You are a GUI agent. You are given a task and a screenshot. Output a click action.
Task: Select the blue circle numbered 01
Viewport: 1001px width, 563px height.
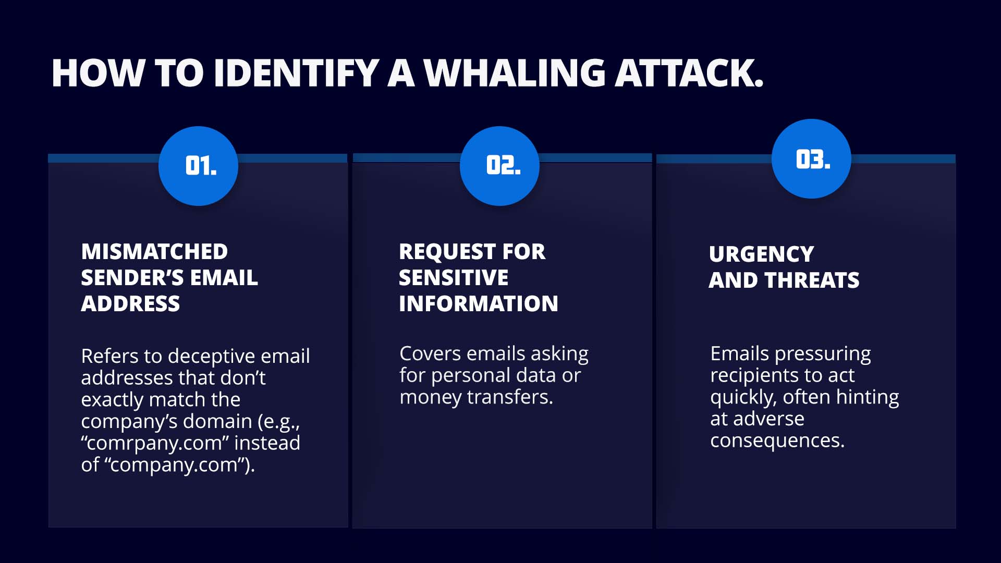(198, 166)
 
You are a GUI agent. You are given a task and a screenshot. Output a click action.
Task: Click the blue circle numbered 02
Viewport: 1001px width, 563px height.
(499, 166)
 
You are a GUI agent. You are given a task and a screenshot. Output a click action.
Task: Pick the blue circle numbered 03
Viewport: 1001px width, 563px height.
(811, 158)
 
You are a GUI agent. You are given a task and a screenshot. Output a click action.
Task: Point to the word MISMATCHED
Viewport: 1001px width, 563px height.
(154, 252)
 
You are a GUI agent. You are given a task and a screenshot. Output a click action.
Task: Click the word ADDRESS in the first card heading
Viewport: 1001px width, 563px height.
(130, 304)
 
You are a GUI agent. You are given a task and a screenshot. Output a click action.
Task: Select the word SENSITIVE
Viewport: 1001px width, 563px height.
(454, 278)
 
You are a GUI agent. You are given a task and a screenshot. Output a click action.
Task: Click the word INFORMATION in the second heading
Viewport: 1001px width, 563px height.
(479, 304)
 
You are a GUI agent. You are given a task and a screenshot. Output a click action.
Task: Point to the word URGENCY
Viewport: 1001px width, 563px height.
(761, 254)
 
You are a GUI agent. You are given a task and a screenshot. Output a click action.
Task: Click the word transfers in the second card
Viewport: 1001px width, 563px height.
(510, 397)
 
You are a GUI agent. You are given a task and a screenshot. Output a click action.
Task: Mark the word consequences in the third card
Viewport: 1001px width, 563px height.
(777, 441)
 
